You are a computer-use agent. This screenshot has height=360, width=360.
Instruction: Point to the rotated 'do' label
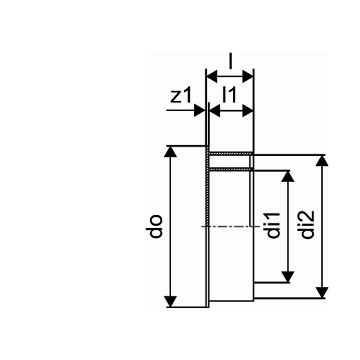coord(156,226)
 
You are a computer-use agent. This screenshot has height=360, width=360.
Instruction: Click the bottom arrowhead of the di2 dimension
coord(322,293)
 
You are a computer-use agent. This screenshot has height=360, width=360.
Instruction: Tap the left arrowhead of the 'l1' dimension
coord(215,110)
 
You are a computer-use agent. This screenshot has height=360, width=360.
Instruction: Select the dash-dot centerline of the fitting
coord(228,226)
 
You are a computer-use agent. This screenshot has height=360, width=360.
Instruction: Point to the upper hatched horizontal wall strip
coord(230,154)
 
